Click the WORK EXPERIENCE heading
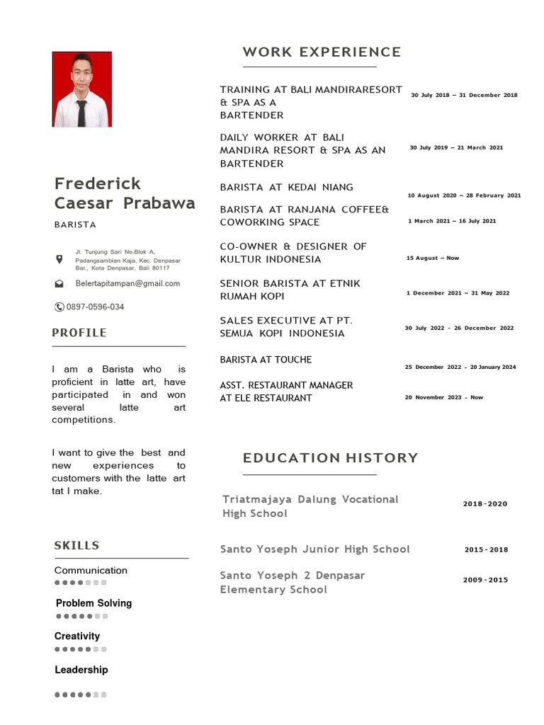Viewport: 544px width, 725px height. coord(322,52)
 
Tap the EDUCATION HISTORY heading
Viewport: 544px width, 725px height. coord(330,458)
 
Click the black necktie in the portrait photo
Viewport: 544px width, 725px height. coord(81,112)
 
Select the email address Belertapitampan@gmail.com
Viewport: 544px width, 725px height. coord(127,283)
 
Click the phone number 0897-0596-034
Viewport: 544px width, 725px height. coord(95,307)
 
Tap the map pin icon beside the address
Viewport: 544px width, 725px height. coord(59,260)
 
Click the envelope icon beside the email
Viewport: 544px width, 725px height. coord(59,283)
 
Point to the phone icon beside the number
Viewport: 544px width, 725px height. coord(59,307)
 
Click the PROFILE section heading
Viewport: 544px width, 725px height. coord(79,333)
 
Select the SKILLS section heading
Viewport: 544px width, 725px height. coord(76,545)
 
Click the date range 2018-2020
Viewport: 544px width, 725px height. coord(485,504)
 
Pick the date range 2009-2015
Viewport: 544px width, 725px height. coord(485,580)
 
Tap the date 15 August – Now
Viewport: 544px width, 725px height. coord(432,258)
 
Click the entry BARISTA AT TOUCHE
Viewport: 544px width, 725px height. coord(266,360)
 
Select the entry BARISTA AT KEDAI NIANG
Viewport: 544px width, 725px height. coord(286,187)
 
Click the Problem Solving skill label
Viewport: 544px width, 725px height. coord(93,603)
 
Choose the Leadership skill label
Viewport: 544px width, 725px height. coord(81,670)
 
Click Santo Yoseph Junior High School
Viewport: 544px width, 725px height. coord(314,549)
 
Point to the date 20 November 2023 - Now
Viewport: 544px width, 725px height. coord(443,397)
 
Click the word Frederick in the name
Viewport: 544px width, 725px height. coord(98,184)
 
